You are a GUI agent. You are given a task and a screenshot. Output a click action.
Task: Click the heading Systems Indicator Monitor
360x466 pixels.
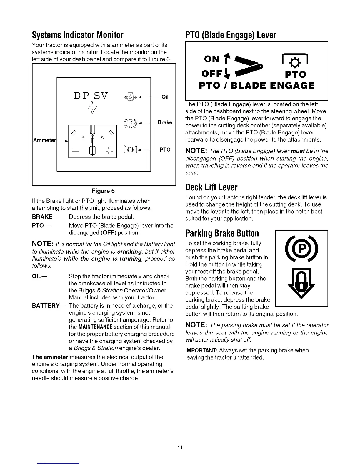point(78,35)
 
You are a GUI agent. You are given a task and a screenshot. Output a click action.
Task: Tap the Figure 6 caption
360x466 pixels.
point(103,191)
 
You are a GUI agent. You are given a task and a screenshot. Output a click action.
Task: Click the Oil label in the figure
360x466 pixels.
point(165,97)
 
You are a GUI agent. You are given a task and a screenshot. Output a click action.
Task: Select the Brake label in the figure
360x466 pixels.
point(165,122)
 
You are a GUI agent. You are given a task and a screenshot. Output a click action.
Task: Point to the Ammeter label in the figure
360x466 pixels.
point(44,140)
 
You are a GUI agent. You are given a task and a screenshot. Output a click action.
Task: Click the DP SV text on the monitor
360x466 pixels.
point(91,96)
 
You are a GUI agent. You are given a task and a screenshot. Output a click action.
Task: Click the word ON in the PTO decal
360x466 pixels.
point(212,59)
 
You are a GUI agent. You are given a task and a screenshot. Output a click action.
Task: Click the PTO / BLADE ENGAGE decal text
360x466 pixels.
point(256,86)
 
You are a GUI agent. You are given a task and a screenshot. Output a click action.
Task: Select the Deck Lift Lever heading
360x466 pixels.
point(211,187)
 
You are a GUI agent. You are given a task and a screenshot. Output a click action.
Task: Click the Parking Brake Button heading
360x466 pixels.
point(222,233)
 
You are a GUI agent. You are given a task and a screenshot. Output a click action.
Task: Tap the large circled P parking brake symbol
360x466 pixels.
point(301,249)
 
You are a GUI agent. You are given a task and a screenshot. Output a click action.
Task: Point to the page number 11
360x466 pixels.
point(180,447)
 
